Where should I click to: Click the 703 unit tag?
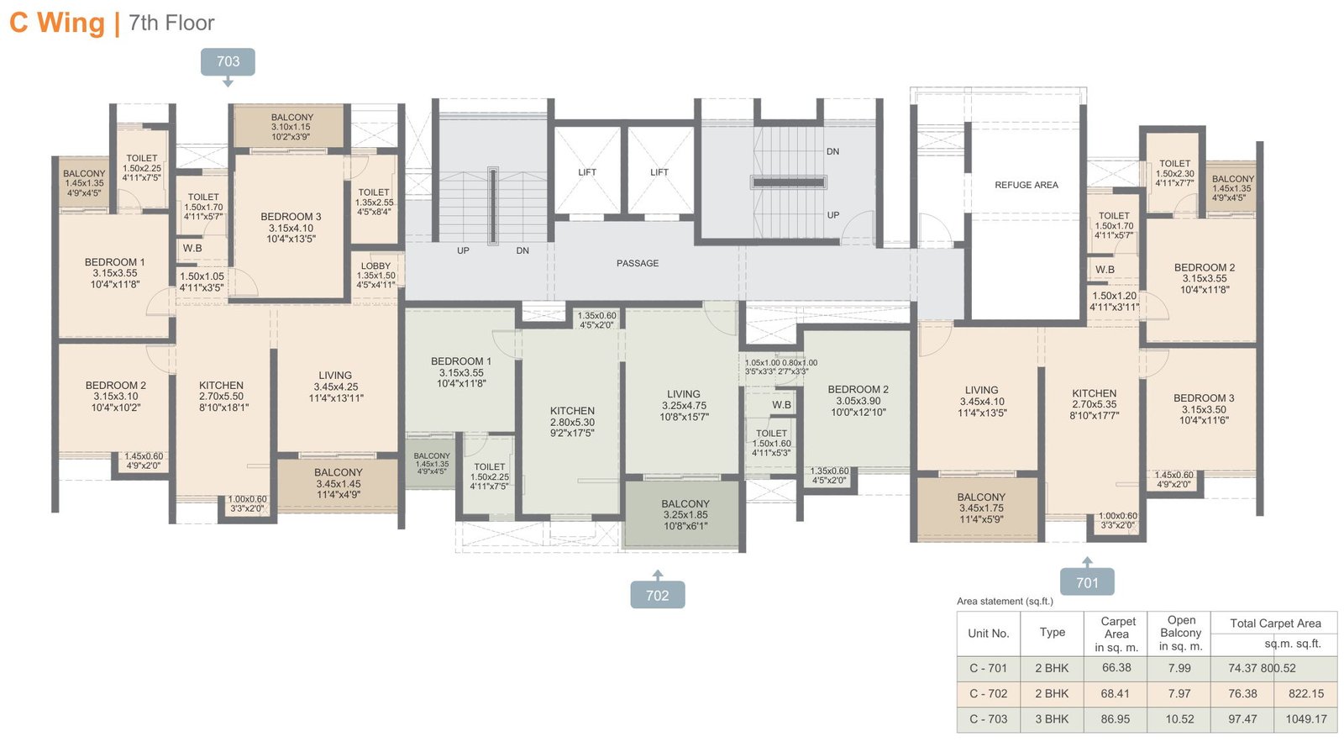tap(228, 61)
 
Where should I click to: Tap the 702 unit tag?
tap(657, 596)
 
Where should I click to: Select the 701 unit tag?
tap(1087, 582)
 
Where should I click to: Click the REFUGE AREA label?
tap(1026, 185)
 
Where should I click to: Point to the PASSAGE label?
tap(638, 263)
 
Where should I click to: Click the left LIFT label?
tap(587, 172)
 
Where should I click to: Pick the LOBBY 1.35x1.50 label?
tap(375, 276)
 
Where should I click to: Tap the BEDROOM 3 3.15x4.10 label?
tap(291, 228)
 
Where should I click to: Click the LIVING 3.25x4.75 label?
tap(683, 405)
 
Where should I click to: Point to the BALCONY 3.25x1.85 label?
tap(685, 515)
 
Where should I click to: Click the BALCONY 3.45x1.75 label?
tap(980, 508)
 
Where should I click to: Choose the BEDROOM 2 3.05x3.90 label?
tap(858, 401)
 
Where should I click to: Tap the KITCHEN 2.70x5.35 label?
tap(1094, 404)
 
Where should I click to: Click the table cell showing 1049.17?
tap(1305, 719)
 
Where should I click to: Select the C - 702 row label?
tap(988, 694)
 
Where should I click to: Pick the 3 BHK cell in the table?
tap(1052, 719)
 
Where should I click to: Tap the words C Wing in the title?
tap(57, 23)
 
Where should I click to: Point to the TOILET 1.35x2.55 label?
tap(374, 203)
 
